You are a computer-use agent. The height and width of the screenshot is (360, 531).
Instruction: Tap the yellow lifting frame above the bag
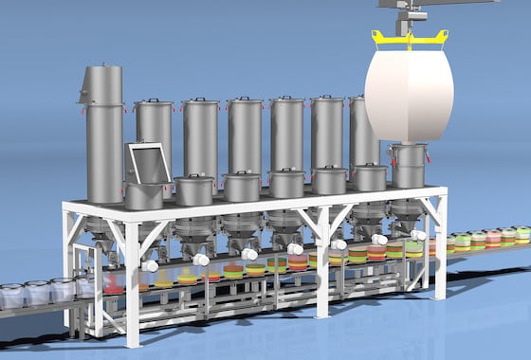pos(409,37)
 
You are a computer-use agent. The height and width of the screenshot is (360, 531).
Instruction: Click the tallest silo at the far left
pos(103,133)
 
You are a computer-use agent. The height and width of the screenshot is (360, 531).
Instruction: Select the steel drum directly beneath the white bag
pos(409,166)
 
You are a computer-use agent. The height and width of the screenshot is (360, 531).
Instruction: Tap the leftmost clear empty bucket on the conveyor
pos(11,296)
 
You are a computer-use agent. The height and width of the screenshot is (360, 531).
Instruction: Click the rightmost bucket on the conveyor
pos(522,234)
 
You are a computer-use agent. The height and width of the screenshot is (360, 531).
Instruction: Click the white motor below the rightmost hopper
pos(418,235)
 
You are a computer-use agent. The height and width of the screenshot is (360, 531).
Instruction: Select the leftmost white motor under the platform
pos(151,266)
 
